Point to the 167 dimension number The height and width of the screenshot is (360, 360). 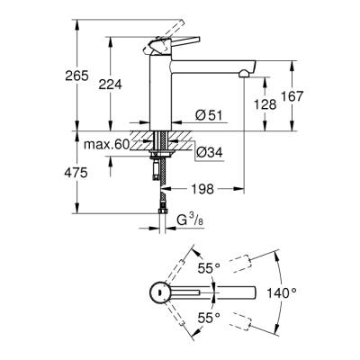click(x=312, y=96)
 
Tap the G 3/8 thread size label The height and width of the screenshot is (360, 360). click(x=190, y=219)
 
